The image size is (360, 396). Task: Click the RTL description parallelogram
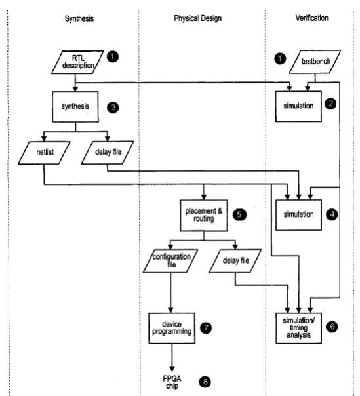pyautogui.click(x=77, y=62)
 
